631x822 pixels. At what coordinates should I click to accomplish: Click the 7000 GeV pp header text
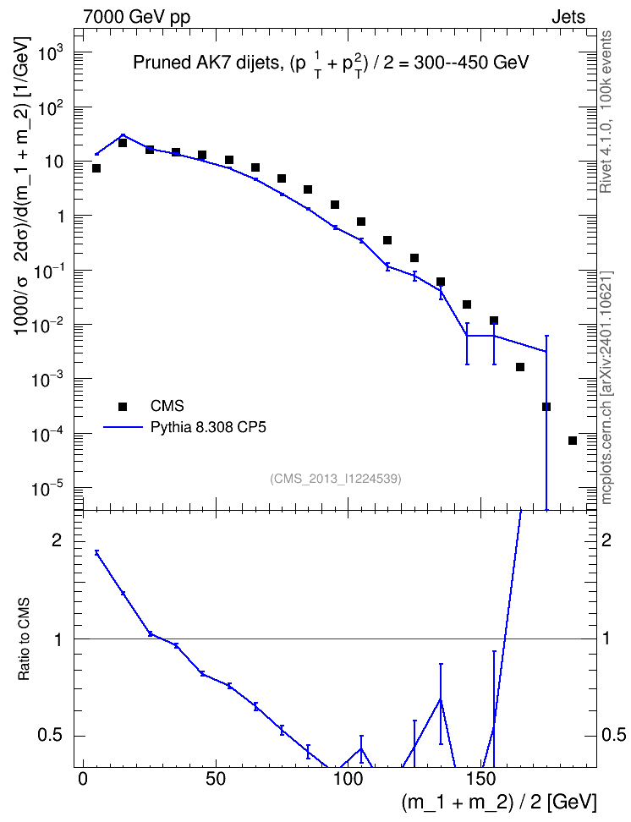[136, 17]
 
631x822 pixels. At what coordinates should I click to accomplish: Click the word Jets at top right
[568, 17]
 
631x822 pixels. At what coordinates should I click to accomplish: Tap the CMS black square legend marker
[123, 406]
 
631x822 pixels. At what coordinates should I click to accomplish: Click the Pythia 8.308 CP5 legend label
[208, 428]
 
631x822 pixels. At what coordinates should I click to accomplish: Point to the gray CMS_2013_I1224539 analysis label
[336, 479]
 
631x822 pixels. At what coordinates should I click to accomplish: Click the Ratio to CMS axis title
[24, 639]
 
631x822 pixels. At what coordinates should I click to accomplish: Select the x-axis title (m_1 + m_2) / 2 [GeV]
[499, 802]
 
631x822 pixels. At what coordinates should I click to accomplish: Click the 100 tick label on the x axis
[348, 779]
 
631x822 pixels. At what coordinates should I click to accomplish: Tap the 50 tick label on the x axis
[216, 779]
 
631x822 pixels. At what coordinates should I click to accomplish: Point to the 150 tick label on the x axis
[481, 779]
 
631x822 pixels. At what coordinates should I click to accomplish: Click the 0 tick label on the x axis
[83, 779]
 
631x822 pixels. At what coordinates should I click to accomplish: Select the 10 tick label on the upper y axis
[54, 162]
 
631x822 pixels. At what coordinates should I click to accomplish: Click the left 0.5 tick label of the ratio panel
[50, 736]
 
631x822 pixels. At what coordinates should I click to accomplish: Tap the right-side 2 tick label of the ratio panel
[606, 540]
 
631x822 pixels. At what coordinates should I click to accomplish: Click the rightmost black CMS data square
[573, 441]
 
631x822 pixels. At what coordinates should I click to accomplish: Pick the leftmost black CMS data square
[96, 168]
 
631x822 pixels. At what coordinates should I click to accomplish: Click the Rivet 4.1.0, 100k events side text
[606, 112]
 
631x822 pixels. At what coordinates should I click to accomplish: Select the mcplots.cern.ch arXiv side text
[606, 388]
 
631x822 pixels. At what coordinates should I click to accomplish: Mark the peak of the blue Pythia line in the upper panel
[123, 134]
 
